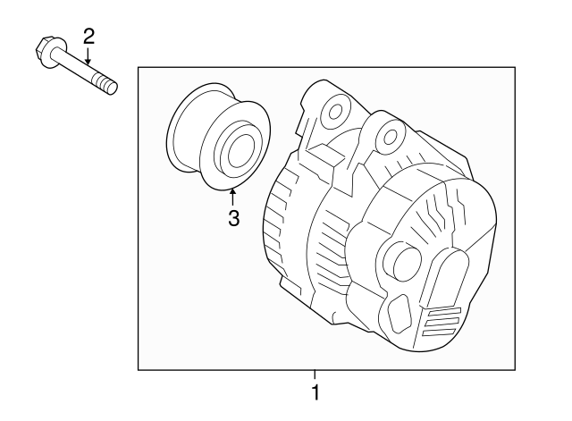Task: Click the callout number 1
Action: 314,392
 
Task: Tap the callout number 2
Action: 88,36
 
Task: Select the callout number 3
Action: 233,218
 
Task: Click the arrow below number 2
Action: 88,56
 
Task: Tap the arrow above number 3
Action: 233,196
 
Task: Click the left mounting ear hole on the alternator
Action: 335,112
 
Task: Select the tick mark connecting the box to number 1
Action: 314,375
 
